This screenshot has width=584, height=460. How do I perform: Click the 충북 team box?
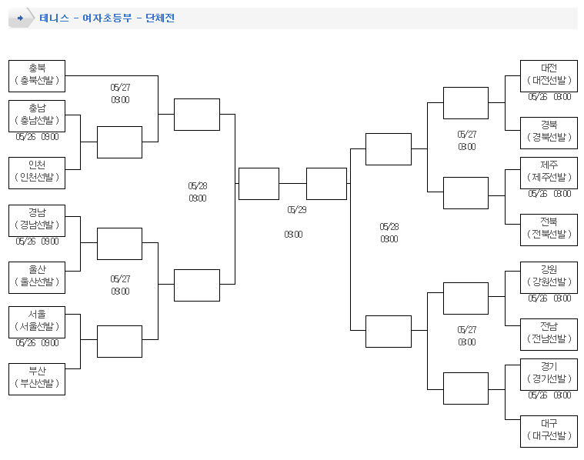[37, 75]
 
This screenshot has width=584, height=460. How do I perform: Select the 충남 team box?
[37, 115]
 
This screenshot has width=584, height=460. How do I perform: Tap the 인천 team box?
[37, 172]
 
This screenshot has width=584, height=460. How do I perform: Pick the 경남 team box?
[37, 220]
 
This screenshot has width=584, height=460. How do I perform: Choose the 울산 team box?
[37, 277]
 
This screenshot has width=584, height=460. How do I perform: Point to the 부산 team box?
[37, 378]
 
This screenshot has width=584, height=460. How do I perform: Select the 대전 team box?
[549, 75]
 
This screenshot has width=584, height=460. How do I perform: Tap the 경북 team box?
[549, 132]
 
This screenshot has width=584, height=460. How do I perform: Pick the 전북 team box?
[549, 229]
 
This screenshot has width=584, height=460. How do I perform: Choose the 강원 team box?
[549, 277]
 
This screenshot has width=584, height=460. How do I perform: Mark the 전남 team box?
[549, 334]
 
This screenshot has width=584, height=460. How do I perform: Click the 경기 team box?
[549, 374]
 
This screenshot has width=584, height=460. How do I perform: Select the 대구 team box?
[549, 431]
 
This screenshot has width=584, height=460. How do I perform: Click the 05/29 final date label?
[297, 209]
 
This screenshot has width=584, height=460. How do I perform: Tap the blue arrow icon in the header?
[20, 18]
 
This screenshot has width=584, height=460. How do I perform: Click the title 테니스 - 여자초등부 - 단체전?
[107, 18]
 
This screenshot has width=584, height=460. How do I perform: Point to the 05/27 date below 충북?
[120, 88]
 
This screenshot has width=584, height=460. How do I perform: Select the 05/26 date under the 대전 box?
[537, 97]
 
